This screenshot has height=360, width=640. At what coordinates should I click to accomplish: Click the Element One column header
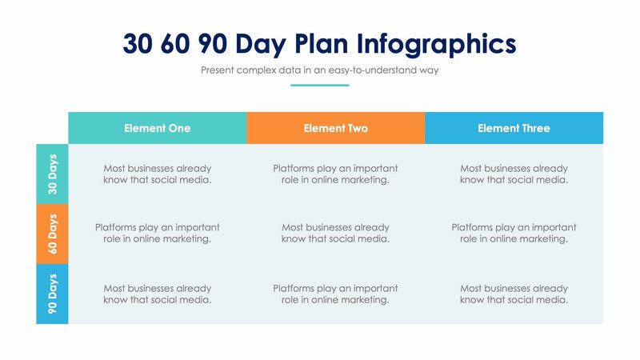point(158,128)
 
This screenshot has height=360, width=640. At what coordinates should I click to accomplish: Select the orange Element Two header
point(335,128)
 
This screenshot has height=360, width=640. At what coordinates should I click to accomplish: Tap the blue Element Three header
point(514,128)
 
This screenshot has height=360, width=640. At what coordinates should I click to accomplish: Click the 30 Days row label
point(53,174)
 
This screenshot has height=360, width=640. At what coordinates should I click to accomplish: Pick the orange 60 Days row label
point(53,234)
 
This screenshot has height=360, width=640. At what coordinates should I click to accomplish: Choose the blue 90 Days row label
point(53,294)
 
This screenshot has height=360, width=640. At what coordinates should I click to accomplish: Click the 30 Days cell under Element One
point(158,174)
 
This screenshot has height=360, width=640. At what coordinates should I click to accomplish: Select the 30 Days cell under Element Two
point(335,174)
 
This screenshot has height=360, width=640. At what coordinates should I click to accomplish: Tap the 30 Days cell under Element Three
point(514,174)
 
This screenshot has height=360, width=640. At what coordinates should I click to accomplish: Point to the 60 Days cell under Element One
point(158,233)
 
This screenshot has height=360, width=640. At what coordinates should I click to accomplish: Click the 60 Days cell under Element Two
point(335,233)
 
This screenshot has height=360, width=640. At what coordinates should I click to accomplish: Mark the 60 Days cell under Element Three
point(514,233)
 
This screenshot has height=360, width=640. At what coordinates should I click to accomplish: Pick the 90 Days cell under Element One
point(158,294)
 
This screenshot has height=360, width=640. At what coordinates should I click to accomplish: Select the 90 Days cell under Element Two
point(335,294)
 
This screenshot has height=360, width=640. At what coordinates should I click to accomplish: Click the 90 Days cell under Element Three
point(514,294)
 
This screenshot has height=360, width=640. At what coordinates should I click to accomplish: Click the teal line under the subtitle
point(319,85)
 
